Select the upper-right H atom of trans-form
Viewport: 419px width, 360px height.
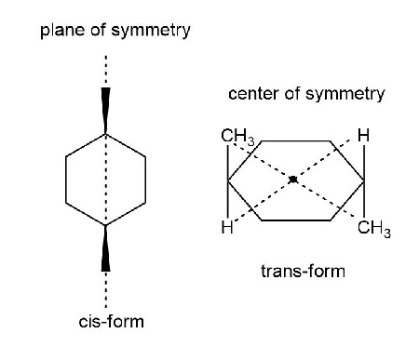click(x=363, y=137)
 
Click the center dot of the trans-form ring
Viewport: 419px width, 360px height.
click(x=293, y=180)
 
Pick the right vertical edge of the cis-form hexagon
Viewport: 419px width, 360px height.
click(x=145, y=180)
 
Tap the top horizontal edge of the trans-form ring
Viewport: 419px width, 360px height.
click(x=293, y=141)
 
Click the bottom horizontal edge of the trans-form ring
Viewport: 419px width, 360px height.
click(x=293, y=220)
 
